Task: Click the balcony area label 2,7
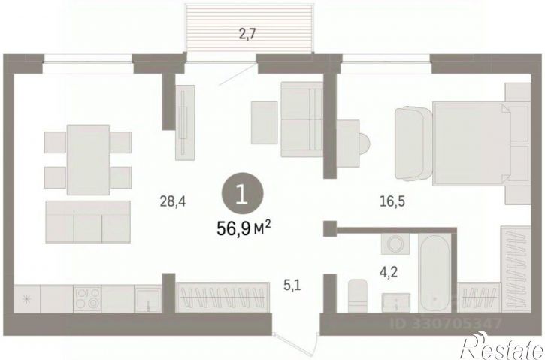pos(248,35)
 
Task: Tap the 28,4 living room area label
pos(172,201)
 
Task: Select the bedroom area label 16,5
pos(392,201)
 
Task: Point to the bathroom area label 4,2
pos(389,272)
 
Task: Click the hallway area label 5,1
pos(292,286)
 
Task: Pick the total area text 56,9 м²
pos(244,228)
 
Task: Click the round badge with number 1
pos(242,194)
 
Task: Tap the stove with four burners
pos(87,298)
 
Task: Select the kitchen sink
pos(148,298)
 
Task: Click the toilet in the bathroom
pos(358,295)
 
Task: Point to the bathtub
pos(434,273)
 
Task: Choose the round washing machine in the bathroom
pos(395,244)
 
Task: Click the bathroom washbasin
pos(396,303)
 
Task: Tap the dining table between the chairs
pos(88,160)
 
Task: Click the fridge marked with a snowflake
pos(27,298)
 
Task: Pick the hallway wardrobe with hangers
pos(223,297)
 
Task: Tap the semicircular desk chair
pos(365,144)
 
